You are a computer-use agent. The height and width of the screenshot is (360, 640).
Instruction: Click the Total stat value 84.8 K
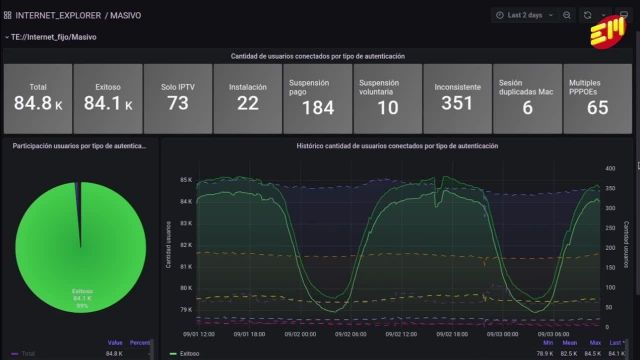[x=38, y=104]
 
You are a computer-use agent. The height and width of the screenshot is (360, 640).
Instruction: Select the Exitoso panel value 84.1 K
[x=107, y=104]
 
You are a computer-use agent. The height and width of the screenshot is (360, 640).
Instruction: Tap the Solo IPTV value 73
[x=177, y=104]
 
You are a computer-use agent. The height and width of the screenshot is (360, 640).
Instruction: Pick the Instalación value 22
[x=247, y=104]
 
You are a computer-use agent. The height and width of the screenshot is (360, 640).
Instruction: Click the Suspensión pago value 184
[x=317, y=107]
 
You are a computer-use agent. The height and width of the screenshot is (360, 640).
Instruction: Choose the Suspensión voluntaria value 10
[x=387, y=107]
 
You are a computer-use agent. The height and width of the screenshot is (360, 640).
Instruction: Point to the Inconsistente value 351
[x=456, y=104]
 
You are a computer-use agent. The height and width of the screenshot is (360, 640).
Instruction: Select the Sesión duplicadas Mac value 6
[x=527, y=108]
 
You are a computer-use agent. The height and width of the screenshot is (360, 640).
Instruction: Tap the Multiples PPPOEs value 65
[x=597, y=108]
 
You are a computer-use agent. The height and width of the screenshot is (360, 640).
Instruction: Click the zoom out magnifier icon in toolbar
[x=567, y=15]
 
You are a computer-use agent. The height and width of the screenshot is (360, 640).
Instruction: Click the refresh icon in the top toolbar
[x=588, y=15]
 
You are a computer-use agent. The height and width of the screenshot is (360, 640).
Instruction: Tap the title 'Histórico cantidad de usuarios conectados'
[x=397, y=146]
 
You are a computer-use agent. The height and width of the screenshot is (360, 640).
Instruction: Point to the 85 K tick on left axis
[x=186, y=180]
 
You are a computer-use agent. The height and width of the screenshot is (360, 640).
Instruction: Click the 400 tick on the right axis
[x=610, y=167]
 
